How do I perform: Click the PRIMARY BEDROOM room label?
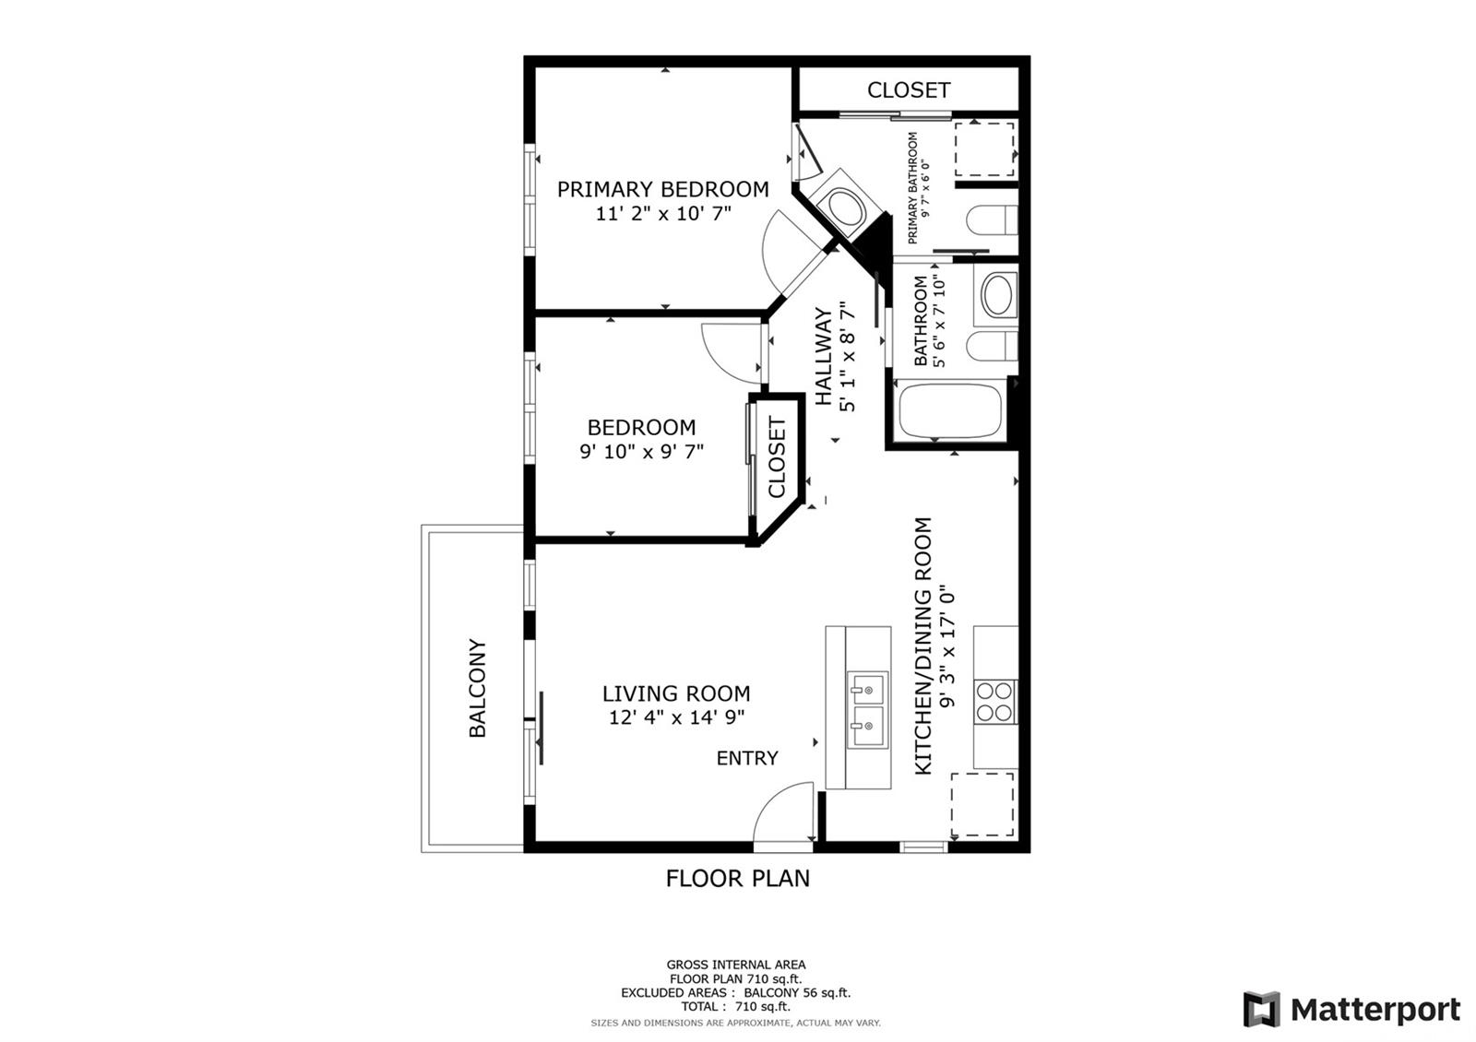point(663,190)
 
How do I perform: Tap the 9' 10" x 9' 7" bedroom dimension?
point(642,452)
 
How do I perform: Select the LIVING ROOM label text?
point(676,693)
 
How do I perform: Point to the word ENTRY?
point(747,758)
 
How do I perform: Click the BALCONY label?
point(477,688)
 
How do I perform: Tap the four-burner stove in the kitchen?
point(995,702)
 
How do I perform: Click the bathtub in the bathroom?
point(951,411)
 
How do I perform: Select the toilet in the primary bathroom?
point(993,220)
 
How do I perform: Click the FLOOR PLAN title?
point(737,879)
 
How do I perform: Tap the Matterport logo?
point(1351,1009)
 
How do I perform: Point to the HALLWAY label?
point(825,356)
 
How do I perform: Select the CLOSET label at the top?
point(909,90)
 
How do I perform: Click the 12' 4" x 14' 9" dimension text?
point(676,717)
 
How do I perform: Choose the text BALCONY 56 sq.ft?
point(797,992)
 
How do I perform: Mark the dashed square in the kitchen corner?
point(982,804)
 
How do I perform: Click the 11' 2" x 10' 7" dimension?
point(663,213)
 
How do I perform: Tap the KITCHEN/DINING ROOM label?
point(923,646)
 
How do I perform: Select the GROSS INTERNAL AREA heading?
point(736,965)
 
